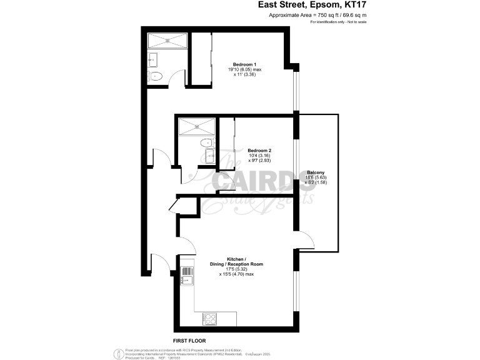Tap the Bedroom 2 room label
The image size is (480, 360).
(x=259, y=150)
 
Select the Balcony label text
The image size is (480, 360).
(x=316, y=172)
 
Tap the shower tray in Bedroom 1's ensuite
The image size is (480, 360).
(x=167, y=42)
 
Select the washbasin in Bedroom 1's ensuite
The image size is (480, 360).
(x=152, y=60)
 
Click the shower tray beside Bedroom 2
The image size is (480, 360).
(x=197, y=126)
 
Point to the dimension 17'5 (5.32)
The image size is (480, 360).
(x=236, y=269)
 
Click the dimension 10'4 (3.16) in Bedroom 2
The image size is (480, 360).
(x=259, y=156)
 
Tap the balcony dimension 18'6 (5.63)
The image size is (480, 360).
(x=316, y=177)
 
